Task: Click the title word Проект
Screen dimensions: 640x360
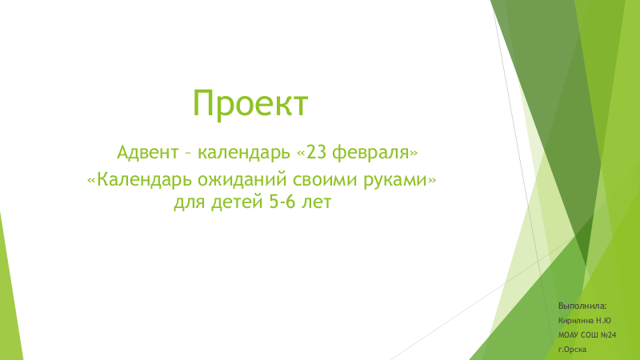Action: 250,104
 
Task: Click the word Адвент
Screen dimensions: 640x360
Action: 148,153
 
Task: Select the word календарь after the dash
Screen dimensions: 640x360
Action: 244,153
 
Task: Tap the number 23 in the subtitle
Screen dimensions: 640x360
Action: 316,152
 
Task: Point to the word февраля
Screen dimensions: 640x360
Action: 370,154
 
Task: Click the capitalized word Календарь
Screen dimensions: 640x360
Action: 144,179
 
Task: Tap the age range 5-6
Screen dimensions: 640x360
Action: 282,202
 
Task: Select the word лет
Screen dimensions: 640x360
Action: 316,202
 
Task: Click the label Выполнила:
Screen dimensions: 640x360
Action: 582,306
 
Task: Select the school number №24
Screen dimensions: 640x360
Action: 608,335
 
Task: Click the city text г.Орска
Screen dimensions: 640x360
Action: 572,350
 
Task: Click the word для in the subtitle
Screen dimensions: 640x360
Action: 190,202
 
